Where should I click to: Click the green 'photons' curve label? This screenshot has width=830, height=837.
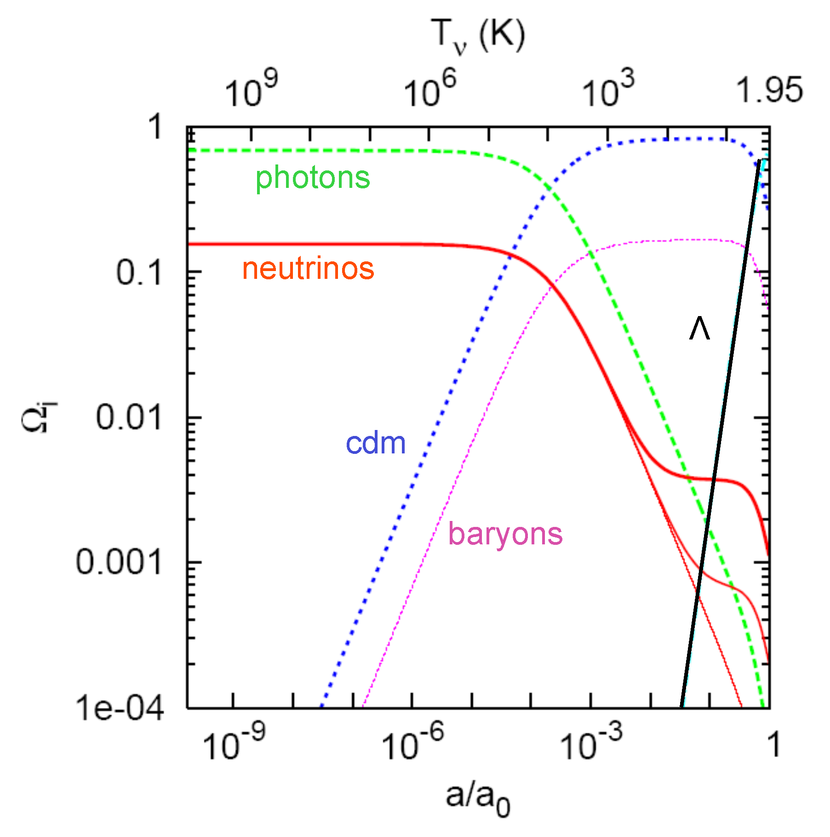313,178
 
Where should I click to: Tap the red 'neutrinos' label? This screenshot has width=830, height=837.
308,269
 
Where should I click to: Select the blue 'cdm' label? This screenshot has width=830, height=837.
376,444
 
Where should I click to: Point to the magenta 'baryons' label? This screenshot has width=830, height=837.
505,535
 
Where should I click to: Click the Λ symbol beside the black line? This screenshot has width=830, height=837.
699,328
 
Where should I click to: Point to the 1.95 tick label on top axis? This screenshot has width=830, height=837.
769,90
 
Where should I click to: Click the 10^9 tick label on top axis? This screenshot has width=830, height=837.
251,89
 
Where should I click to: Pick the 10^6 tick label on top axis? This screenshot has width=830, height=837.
429,89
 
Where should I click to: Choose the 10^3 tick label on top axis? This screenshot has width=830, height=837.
608,89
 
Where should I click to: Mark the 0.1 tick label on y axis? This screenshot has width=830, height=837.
139,273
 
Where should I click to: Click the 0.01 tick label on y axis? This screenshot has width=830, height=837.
129,418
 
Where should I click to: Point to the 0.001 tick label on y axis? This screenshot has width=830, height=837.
119,562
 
